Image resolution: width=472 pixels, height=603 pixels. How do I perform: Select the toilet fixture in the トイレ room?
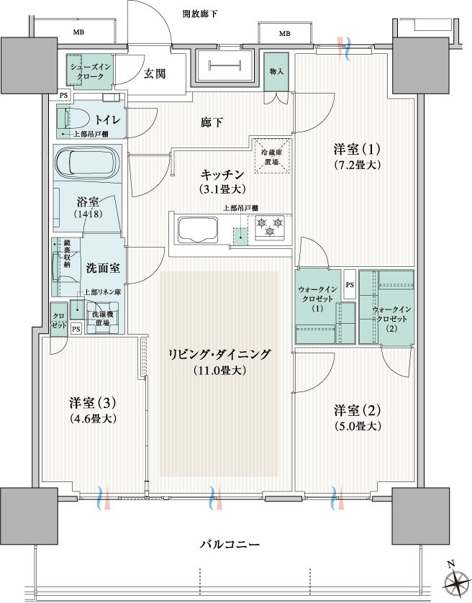[x=66, y=117]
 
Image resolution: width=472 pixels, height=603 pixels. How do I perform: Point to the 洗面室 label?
[x=102, y=268]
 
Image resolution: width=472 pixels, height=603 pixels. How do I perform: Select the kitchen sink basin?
[x=197, y=231]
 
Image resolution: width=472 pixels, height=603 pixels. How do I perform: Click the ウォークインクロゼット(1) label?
[x=317, y=299]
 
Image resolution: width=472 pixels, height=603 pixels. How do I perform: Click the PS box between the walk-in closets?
[x=349, y=284]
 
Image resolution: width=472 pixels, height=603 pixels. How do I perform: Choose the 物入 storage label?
[x=276, y=72]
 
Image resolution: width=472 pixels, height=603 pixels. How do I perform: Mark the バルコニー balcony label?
[x=229, y=544]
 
